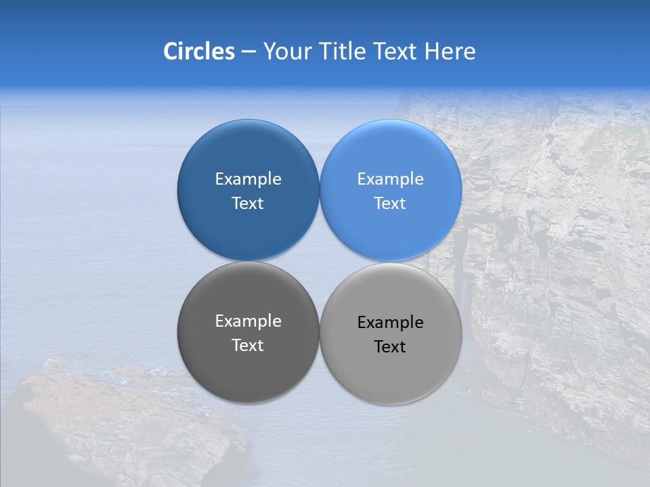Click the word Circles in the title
point(199,51)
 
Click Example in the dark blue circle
point(248,179)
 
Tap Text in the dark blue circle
point(248,203)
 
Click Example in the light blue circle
point(390,179)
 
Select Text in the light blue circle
point(390,203)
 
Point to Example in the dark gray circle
point(248,321)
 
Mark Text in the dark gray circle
point(248,345)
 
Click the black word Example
point(390,322)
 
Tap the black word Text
point(390,346)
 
